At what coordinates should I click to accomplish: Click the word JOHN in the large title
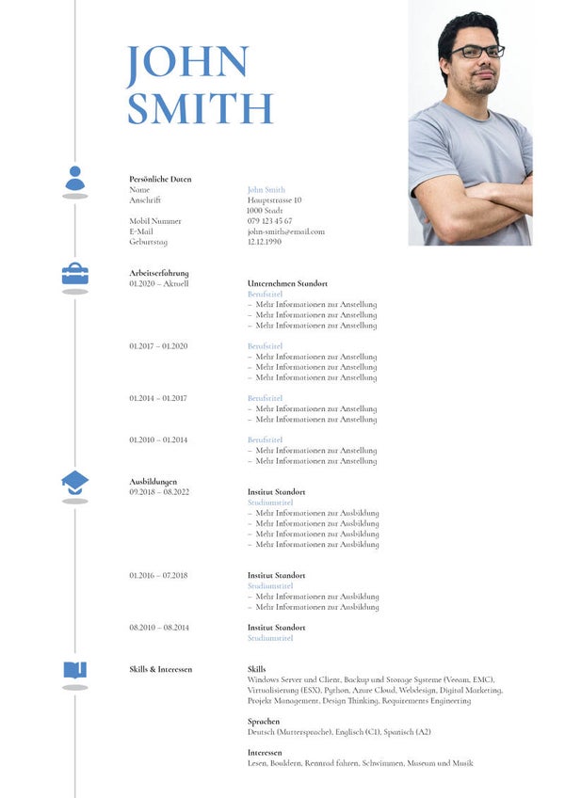(186, 62)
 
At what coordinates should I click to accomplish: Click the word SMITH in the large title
(200, 108)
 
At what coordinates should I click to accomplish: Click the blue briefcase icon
(75, 274)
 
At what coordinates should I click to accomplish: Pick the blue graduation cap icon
(75, 482)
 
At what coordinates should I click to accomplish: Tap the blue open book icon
(75, 669)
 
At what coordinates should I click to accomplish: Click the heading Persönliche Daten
(160, 179)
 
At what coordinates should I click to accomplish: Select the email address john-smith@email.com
(285, 231)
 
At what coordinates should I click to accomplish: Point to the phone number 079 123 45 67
(269, 221)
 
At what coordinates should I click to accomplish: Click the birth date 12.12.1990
(265, 242)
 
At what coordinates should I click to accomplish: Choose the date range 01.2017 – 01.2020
(158, 346)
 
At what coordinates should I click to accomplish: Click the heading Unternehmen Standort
(287, 283)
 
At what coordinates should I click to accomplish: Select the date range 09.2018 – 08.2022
(159, 492)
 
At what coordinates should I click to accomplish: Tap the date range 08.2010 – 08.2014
(159, 628)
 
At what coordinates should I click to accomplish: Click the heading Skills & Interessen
(160, 669)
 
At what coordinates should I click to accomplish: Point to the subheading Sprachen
(264, 722)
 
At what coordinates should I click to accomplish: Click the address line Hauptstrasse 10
(274, 200)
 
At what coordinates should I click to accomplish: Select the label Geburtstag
(148, 242)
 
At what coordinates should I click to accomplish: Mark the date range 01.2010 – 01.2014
(158, 439)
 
